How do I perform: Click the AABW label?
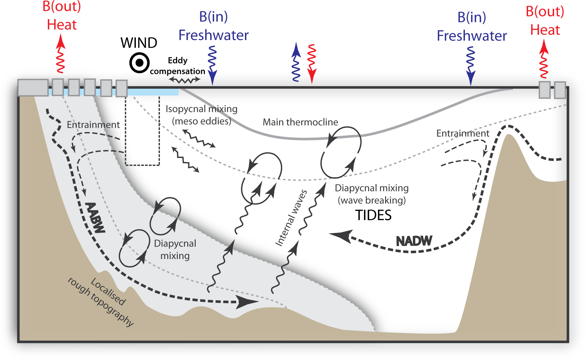95,217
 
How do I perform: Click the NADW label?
414,241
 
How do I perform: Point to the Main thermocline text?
300,122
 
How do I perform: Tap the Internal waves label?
291,218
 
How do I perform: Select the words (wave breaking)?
372,200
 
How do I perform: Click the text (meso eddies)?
201,121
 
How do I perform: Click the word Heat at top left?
62,25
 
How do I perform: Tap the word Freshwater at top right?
472,36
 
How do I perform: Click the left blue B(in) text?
213,17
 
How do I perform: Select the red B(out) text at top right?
545,11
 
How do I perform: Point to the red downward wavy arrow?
312,63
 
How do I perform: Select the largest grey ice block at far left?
33,87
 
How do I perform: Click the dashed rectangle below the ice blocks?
142,131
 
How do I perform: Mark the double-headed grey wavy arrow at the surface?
184,80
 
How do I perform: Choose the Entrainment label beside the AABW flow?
93,125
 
